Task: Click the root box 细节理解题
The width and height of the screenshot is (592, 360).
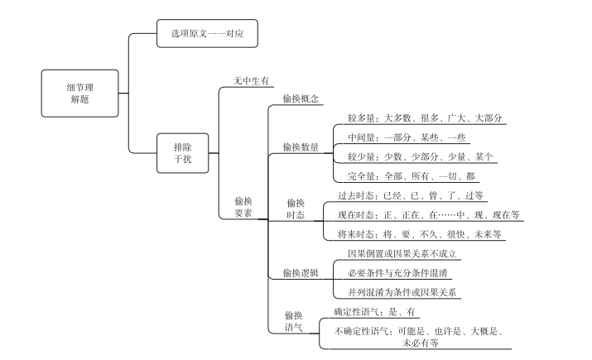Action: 80,93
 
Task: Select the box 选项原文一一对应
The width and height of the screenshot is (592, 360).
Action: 207,34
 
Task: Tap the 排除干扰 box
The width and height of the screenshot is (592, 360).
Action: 183,153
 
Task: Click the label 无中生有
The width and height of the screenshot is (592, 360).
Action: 252,80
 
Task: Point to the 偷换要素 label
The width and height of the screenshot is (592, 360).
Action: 243,207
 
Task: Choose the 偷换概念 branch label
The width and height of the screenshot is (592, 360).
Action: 301,98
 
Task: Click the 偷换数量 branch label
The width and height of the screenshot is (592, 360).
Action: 301,147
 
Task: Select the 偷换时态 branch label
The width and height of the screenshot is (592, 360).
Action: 296,209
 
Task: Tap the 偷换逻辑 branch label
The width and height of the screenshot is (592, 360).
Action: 301,273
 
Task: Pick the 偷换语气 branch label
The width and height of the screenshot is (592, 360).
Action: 294,321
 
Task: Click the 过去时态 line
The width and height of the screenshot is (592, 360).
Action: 411,196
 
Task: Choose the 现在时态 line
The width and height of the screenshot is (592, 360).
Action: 428,215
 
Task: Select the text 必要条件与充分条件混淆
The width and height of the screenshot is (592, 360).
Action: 399,272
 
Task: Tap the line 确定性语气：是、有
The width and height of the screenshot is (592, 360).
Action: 373,311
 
